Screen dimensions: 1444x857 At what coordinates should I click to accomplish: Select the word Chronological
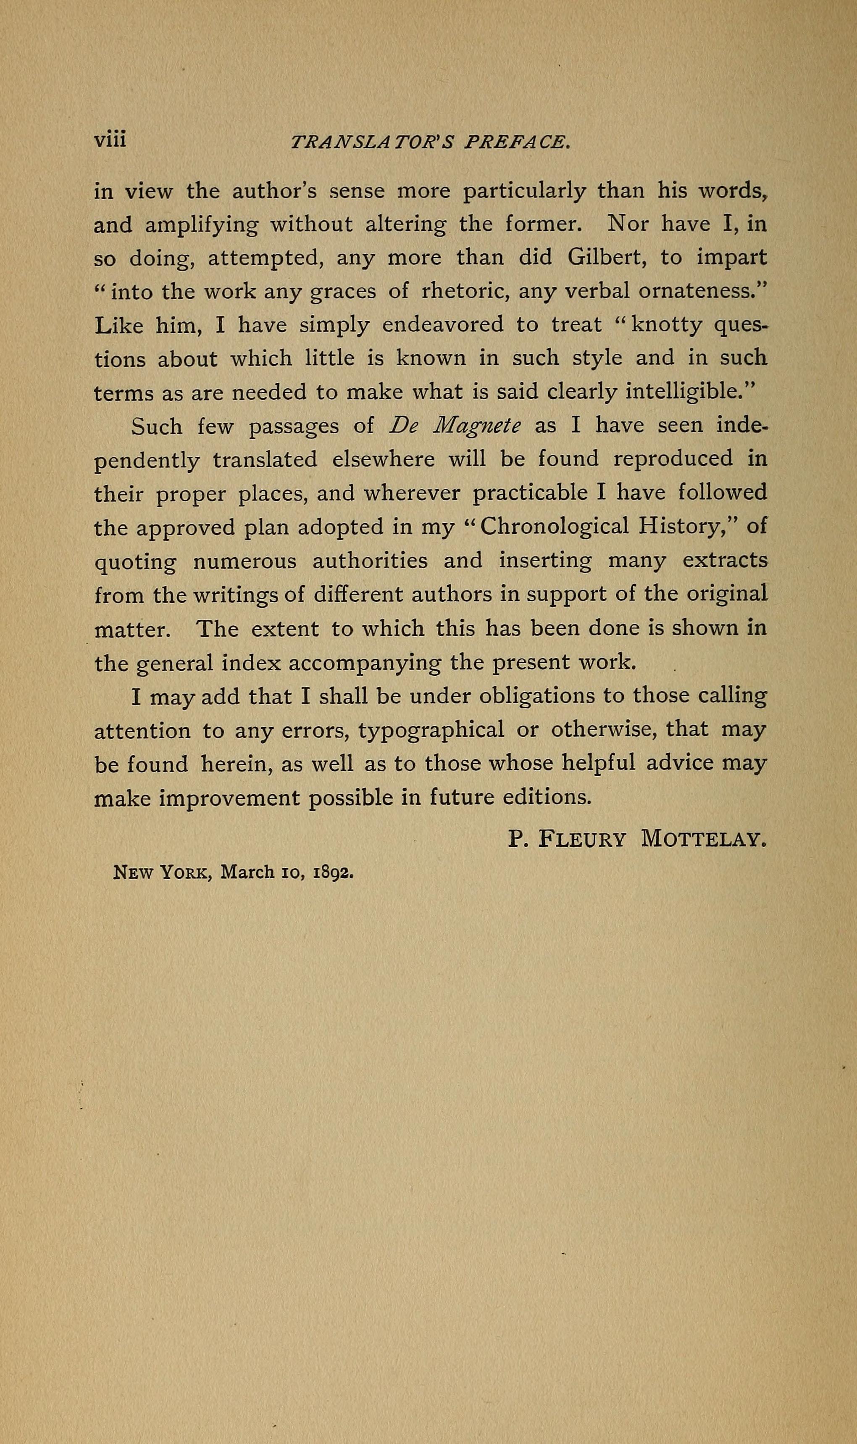(554, 528)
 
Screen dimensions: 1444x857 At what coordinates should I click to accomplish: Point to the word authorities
(370, 561)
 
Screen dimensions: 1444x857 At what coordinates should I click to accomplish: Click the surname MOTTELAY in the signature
(703, 839)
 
